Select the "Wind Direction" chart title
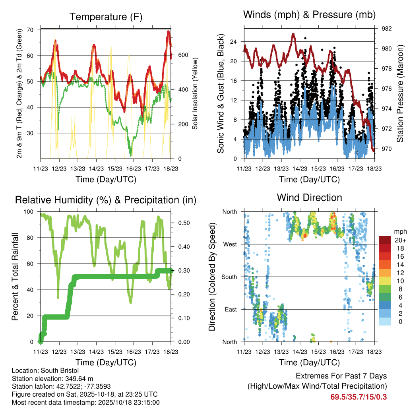[x=309, y=198]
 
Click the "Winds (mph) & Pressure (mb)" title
[x=309, y=15]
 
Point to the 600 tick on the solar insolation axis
[x=183, y=55]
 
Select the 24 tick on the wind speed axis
[x=234, y=41]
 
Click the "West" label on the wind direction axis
[x=229, y=244]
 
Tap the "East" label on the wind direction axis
[x=230, y=309]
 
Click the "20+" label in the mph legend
[x=400, y=240]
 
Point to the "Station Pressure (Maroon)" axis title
[x=400, y=93]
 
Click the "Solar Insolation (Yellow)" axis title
[x=195, y=93]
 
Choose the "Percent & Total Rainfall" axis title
[x=15, y=277]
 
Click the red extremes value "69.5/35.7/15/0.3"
[x=358, y=397]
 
